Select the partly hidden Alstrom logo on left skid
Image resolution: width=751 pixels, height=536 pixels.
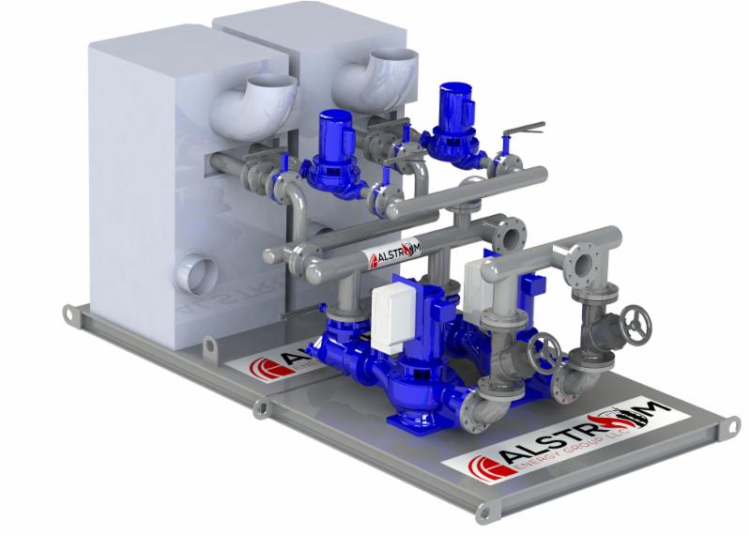click(276, 365)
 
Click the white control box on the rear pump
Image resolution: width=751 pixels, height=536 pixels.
click(475, 278)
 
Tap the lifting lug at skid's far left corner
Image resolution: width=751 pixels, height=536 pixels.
click(68, 313)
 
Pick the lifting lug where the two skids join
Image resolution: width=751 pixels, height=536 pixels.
click(262, 407)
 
